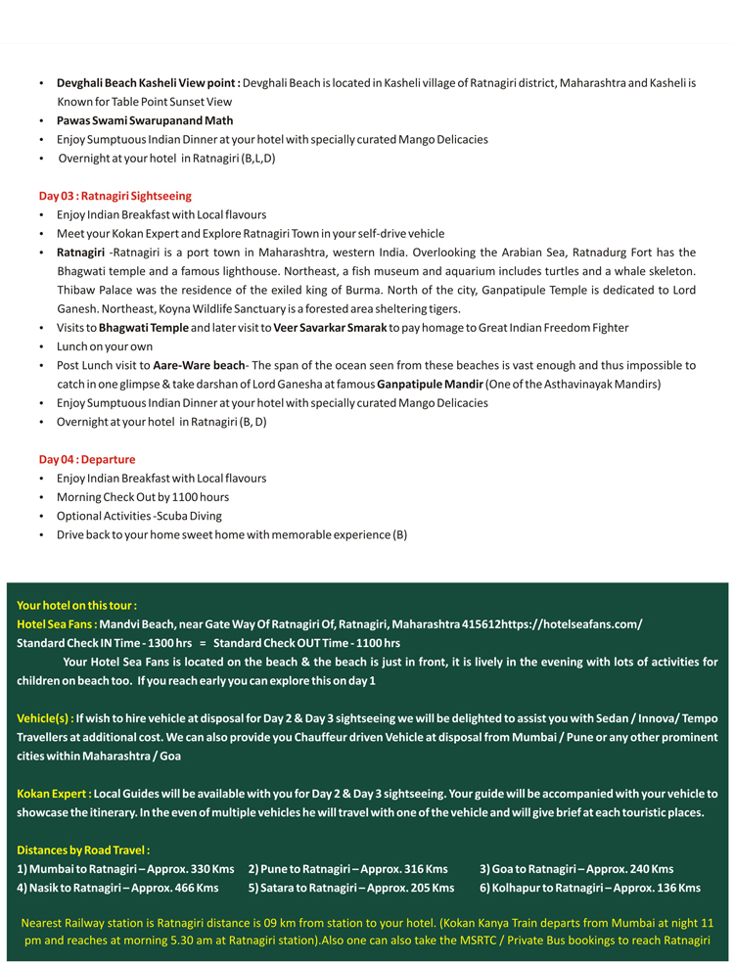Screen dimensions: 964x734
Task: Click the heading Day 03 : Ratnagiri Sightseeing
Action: [x=115, y=196]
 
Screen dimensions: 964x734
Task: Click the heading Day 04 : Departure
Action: [x=87, y=459]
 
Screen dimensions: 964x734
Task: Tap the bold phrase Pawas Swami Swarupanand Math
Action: [x=145, y=120]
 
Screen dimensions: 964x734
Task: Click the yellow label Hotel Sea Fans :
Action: [x=56, y=624]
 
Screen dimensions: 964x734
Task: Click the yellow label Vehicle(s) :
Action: [x=45, y=719]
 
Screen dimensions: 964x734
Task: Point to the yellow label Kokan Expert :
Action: [x=55, y=794]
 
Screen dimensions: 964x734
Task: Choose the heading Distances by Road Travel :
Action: [x=83, y=849]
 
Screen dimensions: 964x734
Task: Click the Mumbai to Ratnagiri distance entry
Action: [x=125, y=869]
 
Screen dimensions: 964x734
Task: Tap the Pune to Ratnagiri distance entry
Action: [x=347, y=869]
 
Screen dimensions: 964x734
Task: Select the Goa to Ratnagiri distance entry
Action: [x=575, y=869]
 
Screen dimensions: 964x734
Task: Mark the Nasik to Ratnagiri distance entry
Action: [x=117, y=888]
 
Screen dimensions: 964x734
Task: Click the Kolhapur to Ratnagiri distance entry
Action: [x=589, y=888]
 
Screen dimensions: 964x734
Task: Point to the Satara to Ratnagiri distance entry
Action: [x=350, y=888]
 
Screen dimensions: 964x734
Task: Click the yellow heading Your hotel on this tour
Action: [x=76, y=605]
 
